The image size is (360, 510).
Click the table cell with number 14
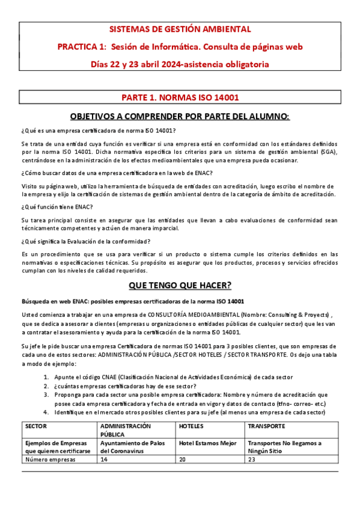[104, 459]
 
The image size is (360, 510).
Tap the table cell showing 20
[183, 459]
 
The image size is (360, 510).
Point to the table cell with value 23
[252, 459]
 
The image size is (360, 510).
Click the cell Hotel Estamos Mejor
[207, 443]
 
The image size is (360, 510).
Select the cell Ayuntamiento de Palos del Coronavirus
[132, 447]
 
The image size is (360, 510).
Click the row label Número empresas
[50, 459]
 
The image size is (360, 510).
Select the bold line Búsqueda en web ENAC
[132, 301]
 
